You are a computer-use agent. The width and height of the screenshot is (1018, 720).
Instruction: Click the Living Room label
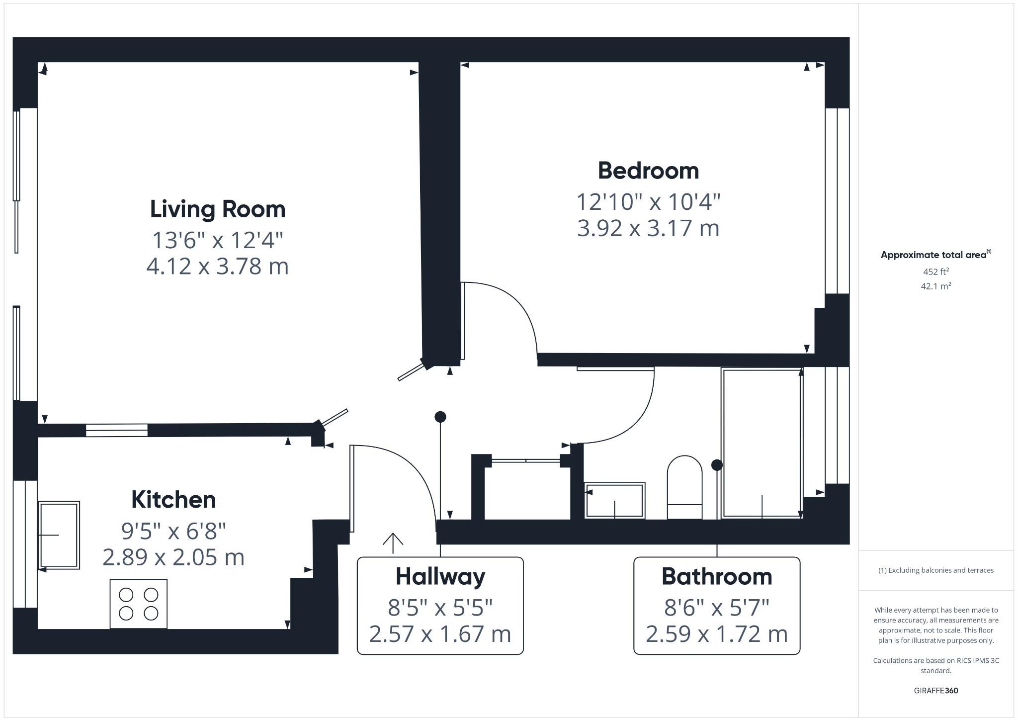pyautogui.click(x=218, y=209)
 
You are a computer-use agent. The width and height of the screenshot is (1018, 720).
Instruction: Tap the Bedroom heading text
pyautogui.click(x=648, y=171)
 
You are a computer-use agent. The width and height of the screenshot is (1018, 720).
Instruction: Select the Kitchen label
pyautogui.click(x=173, y=500)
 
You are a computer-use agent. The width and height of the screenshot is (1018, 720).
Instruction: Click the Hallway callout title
pyautogui.click(x=440, y=576)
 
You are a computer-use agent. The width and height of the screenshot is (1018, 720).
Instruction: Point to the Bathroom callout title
pyautogui.click(x=717, y=576)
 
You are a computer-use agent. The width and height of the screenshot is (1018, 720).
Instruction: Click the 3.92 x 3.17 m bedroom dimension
pyautogui.click(x=648, y=228)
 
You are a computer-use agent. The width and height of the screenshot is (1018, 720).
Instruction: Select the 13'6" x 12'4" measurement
pyautogui.click(x=218, y=240)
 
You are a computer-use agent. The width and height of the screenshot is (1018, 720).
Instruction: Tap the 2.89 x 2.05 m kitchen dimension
pyautogui.click(x=173, y=557)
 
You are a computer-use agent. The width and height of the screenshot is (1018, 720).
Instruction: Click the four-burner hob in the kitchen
pyautogui.click(x=139, y=604)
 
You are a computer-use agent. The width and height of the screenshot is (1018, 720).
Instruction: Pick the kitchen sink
pyautogui.click(x=59, y=535)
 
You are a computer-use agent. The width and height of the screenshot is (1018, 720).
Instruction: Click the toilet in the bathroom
pyautogui.click(x=684, y=487)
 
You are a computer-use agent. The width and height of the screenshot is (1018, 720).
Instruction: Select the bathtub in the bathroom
pyautogui.click(x=762, y=443)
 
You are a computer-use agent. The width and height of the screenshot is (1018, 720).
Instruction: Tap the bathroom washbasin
pyautogui.click(x=615, y=500)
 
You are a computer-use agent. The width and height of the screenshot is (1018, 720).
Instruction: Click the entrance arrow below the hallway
pyautogui.click(x=393, y=543)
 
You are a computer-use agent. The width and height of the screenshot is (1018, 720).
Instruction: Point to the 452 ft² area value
pyautogui.click(x=936, y=271)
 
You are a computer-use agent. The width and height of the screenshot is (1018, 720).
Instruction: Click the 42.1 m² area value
pyautogui.click(x=936, y=286)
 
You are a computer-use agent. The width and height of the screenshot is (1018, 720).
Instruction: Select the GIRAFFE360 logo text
pyautogui.click(x=936, y=691)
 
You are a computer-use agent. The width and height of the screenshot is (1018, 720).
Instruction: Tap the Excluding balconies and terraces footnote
pyautogui.click(x=936, y=570)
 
